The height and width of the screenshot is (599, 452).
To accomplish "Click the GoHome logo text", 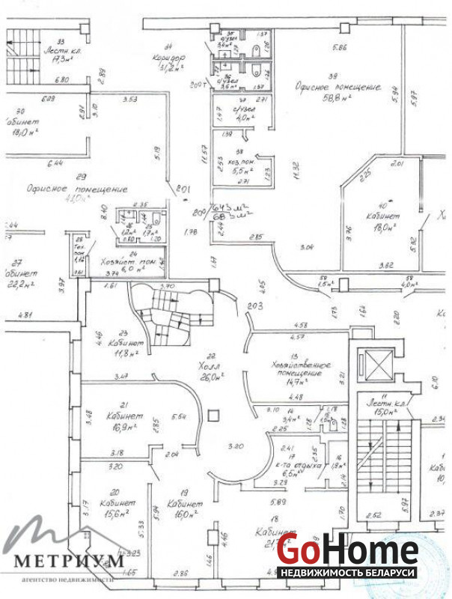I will pyautogui.click(x=348, y=552).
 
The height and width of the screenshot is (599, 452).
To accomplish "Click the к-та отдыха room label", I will pyautogui.click(x=300, y=464).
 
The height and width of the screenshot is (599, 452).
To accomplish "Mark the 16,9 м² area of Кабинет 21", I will pyautogui.click(x=120, y=427).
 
